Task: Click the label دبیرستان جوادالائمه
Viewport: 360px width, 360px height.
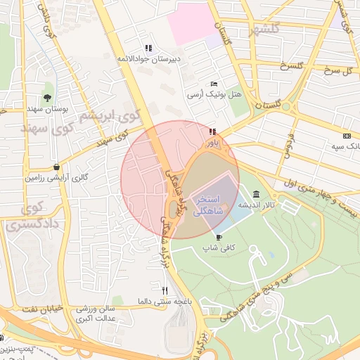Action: [x=148, y=59]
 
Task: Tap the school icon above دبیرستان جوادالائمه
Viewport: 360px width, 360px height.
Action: [x=148, y=48]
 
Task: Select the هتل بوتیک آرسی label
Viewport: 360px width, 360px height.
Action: [x=214, y=94]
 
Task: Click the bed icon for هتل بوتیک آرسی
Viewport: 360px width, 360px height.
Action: [x=214, y=84]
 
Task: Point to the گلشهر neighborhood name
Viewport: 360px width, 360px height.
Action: [x=259, y=29]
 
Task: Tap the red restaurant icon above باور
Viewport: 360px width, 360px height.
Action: [x=212, y=131]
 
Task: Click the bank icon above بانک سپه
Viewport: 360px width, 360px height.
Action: [x=347, y=135]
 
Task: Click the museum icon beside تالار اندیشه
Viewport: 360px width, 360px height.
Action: [x=254, y=194]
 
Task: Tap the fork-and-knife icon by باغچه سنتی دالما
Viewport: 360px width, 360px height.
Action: [x=165, y=290]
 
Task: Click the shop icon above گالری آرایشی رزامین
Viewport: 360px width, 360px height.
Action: [x=56, y=167]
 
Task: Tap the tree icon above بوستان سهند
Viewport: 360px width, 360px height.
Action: [x=46, y=98]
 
